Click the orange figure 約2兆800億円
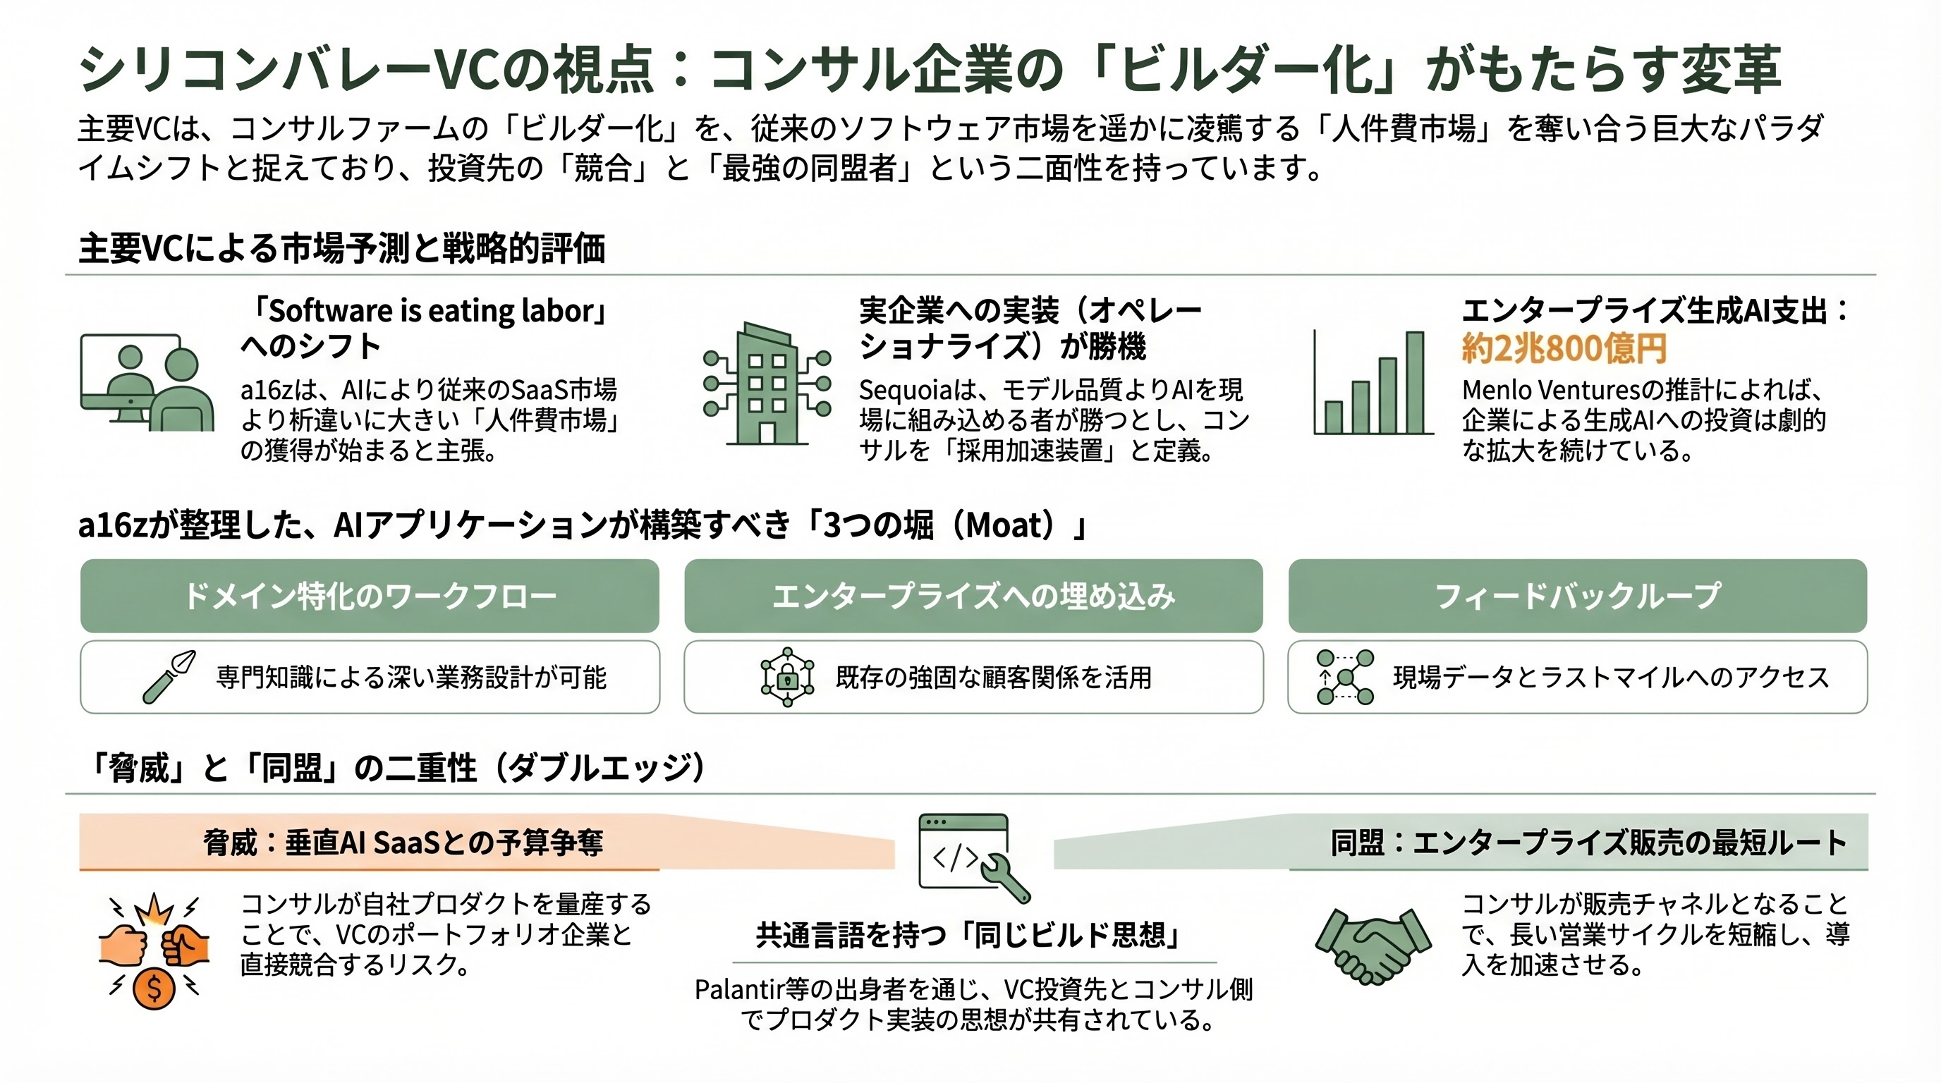pos(1564,349)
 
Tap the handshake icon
pos(1373,946)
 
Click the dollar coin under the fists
pos(154,988)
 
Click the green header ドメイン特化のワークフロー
pos(369,596)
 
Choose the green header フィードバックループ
pos(1577,596)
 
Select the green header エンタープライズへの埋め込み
pos(973,596)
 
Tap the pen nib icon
pos(169,676)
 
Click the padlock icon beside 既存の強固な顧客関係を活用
pos(787,678)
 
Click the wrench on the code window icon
pos(1006,877)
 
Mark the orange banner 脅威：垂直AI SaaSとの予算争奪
pos(403,843)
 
